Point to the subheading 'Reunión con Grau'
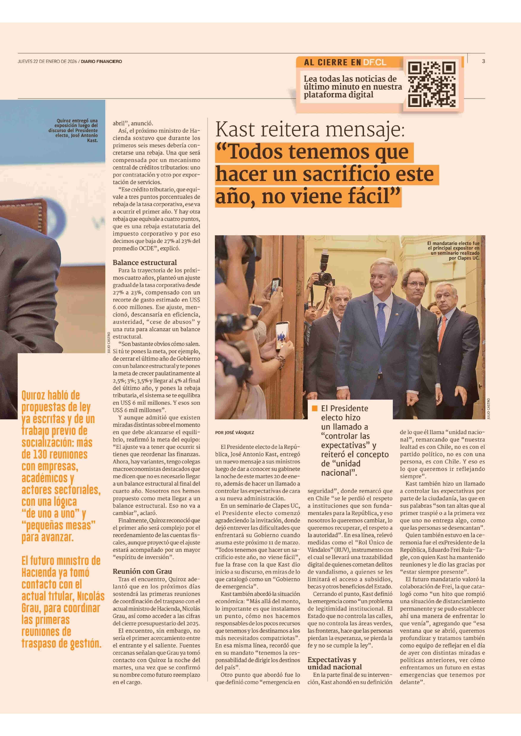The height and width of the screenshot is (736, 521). pos(142,571)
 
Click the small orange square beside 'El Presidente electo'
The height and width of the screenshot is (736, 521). pos(315,408)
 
